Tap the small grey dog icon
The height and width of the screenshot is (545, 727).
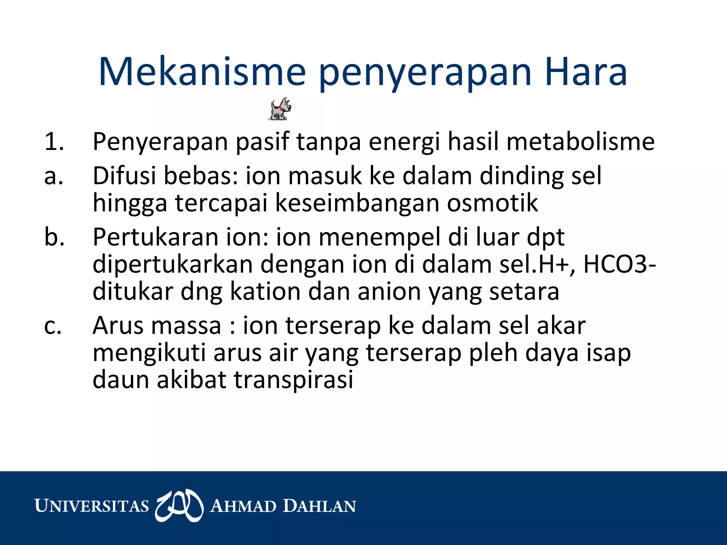coord(280,109)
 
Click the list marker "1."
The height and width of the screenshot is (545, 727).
coord(54,141)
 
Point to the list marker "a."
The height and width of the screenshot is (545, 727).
coord(54,176)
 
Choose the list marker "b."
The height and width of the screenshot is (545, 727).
coord(54,237)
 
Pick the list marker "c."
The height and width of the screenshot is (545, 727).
coord(53,326)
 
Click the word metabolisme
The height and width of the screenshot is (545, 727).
coord(580,141)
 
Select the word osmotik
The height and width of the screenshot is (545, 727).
coord(492,203)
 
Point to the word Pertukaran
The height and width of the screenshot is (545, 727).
coord(155,237)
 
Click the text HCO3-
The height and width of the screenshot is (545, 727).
coord(619,264)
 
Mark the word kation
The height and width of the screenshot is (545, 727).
coord(266,292)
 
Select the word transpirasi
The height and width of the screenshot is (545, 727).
coord(294,380)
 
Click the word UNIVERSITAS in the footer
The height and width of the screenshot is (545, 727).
coord(92,506)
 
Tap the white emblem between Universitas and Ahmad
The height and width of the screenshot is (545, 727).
coord(179,506)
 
